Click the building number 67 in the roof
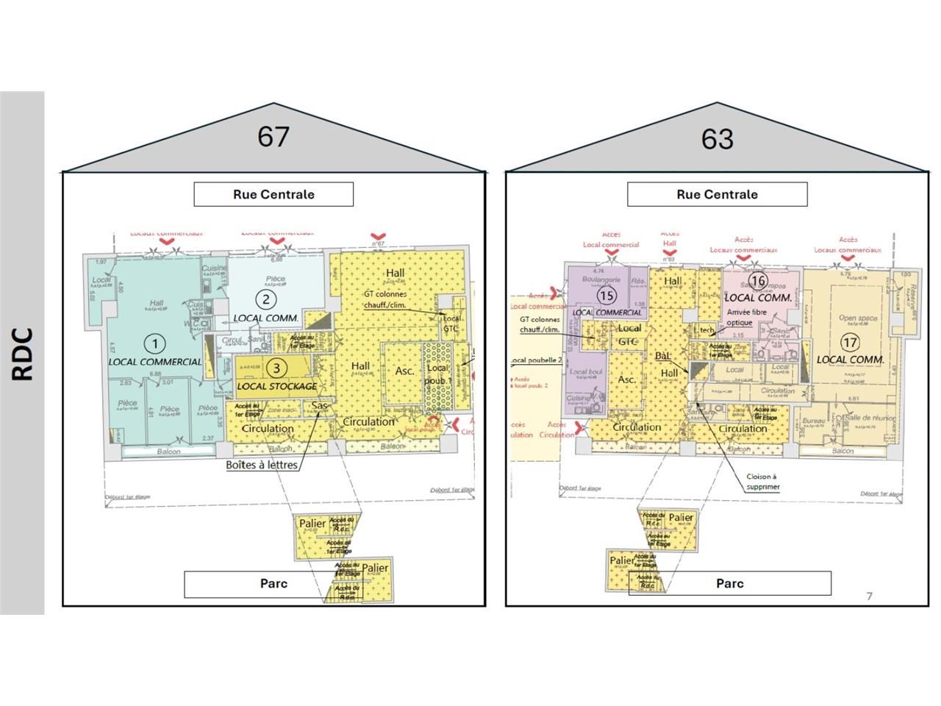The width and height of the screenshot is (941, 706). (x=273, y=137)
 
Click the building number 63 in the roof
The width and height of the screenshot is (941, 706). (x=717, y=138)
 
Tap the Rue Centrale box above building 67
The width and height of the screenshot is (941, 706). (x=273, y=194)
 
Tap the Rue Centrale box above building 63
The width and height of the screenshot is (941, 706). (x=717, y=194)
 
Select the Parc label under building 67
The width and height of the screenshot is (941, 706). (x=273, y=584)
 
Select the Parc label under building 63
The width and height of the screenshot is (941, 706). (x=729, y=584)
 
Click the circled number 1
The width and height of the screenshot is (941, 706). (x=154, y=343)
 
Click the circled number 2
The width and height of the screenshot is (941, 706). (x=265, y=299)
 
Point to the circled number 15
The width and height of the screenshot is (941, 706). (x=607, y=296)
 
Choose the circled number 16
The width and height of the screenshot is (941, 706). (x=758, y=281)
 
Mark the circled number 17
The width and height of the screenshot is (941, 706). (x=850, y=343)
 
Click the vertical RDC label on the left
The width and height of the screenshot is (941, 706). (x=23, y=354)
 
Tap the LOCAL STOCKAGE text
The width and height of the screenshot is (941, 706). (x=277, y=386)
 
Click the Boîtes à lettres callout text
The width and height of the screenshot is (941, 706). (x=261, y=465)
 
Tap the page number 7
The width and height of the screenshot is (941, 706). (x=869, y=596)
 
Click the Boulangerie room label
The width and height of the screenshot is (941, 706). (x=601, y=280)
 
